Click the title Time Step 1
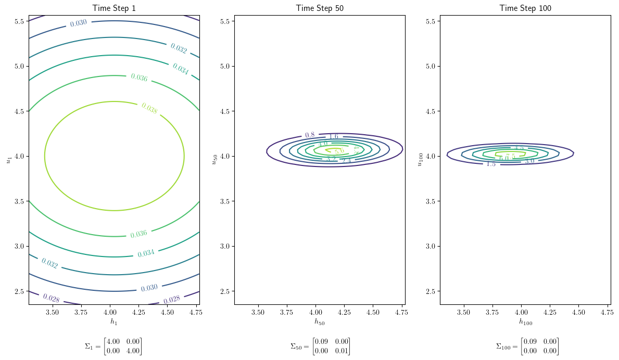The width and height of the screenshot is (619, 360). click(114, 8)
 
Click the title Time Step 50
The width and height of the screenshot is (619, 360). click(320, 8)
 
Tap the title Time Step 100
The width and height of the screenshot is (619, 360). click(525, 8)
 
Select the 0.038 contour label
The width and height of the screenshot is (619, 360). click(149, 108)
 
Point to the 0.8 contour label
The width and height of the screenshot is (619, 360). click(310, 135)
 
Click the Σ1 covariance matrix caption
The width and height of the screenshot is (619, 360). click(113, 346)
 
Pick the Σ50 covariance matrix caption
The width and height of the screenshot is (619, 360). click(320, 346)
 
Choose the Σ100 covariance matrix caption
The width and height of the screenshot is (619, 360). click(527, 346)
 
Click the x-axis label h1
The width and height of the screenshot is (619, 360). click(114, 322)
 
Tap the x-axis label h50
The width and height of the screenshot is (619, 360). click(320, 322)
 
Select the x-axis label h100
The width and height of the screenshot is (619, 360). click(525, 322)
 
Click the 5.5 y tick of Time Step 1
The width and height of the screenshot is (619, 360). click(20, 21)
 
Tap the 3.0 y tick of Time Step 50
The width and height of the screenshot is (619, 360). click(225, 246)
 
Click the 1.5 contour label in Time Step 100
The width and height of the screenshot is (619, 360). click(491, 164)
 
